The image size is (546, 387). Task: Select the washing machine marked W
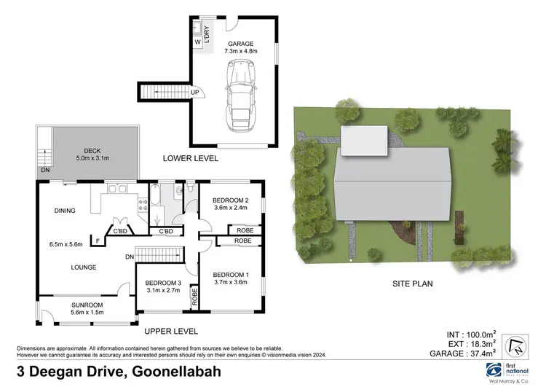point(197,42)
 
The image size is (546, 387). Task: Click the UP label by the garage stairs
point(194,93)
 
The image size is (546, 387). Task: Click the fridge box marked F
point(98,240)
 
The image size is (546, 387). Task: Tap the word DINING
point(65,211)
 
